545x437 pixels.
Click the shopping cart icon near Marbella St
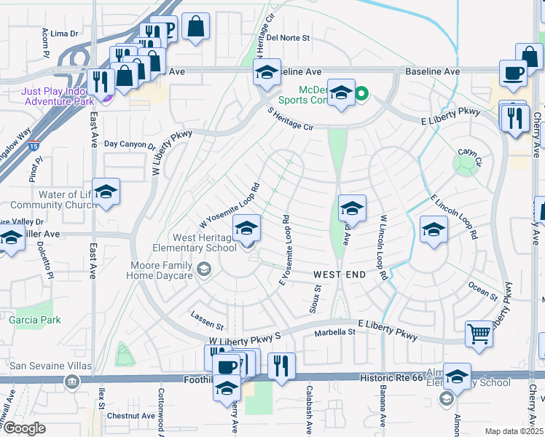pyautogui.click(x=479, y=334)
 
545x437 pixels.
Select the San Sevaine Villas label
pyautogui.click(x=39, y=365)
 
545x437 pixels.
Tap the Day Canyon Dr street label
pyautogui.click(x=130, y=145)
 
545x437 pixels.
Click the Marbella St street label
pyautogui.click(x=334, y=332)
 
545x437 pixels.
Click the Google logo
pyautogui.click(x=24, y=428)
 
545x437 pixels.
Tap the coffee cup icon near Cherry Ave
pyautogui.click(x=513, y=73)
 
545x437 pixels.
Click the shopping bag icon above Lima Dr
pyautogui.click(x=195, y=28)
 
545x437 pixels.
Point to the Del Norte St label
pyautogui.click(x=289, y=37)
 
